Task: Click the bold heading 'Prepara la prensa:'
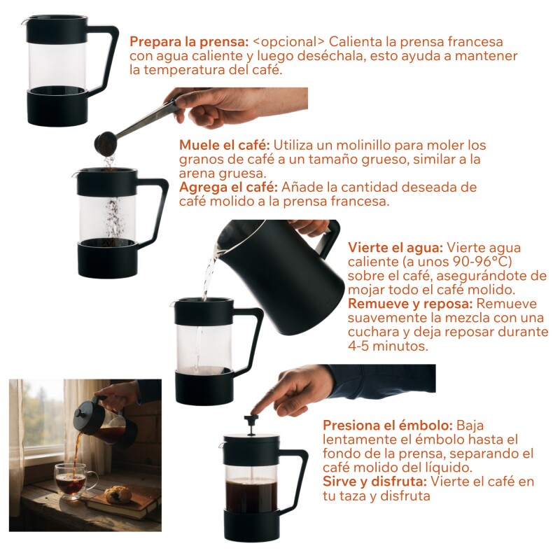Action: [x=188, y=42]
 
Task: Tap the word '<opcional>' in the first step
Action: [x=288, y=42]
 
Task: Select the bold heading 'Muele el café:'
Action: [x=224, y=146]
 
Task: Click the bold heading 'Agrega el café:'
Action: [x=228, y=187]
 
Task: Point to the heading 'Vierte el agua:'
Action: [x=395, y=248]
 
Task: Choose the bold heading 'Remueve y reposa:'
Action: [x=410, y=304]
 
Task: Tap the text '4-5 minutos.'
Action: [x=388, y=346]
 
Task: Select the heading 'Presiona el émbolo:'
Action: [x=388, y=426]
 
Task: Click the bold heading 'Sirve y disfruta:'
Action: [x=374, y=482]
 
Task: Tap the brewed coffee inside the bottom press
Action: [x=252, y=496]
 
